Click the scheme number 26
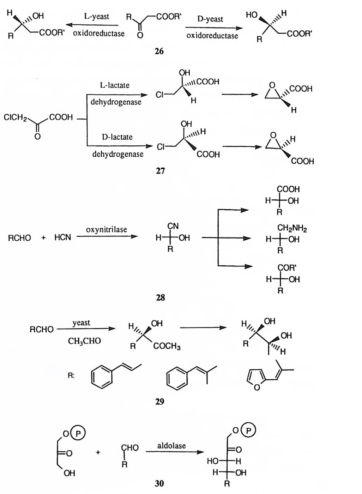coord(159,51)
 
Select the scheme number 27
coord(160,171)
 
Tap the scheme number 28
coord(160,298)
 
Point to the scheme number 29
coord(159,402)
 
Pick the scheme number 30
coord(159,483)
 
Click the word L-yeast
coord(96,17)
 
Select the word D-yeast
coord(210,19)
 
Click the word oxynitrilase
coord(106,229)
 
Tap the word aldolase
coord(171,446)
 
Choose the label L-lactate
coord(115,85)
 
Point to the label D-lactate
coord(117,137)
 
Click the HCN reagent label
coord(62,238)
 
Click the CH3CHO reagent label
coord(84,341)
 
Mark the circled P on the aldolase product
coord(249,430)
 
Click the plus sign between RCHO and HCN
coord(43,238)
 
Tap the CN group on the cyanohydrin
coord(173,226)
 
